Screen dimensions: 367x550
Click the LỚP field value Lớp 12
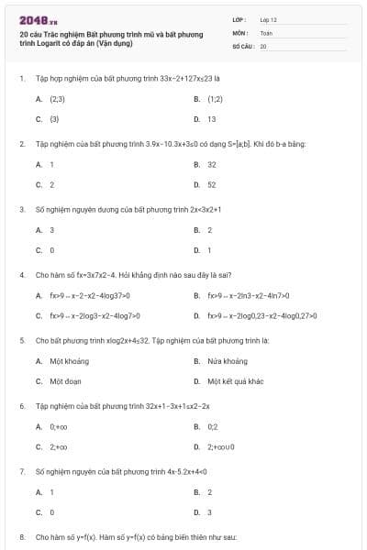click(x=269, y=18)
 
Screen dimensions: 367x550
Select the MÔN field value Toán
click(x=266, y=31)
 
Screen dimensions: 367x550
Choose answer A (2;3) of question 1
click(x=56, y=98)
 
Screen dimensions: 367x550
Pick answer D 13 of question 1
click(x=211, y=119)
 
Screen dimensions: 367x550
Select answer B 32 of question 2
click(x=211, y=164)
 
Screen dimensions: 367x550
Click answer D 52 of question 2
click(x=211, y=184)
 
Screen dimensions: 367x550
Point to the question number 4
click(x=21, y=274)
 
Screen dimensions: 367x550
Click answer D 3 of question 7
click(x=209, y=511)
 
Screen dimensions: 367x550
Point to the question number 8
click(x=21, y=535)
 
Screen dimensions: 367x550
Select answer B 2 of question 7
click(x=209, y=491)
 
